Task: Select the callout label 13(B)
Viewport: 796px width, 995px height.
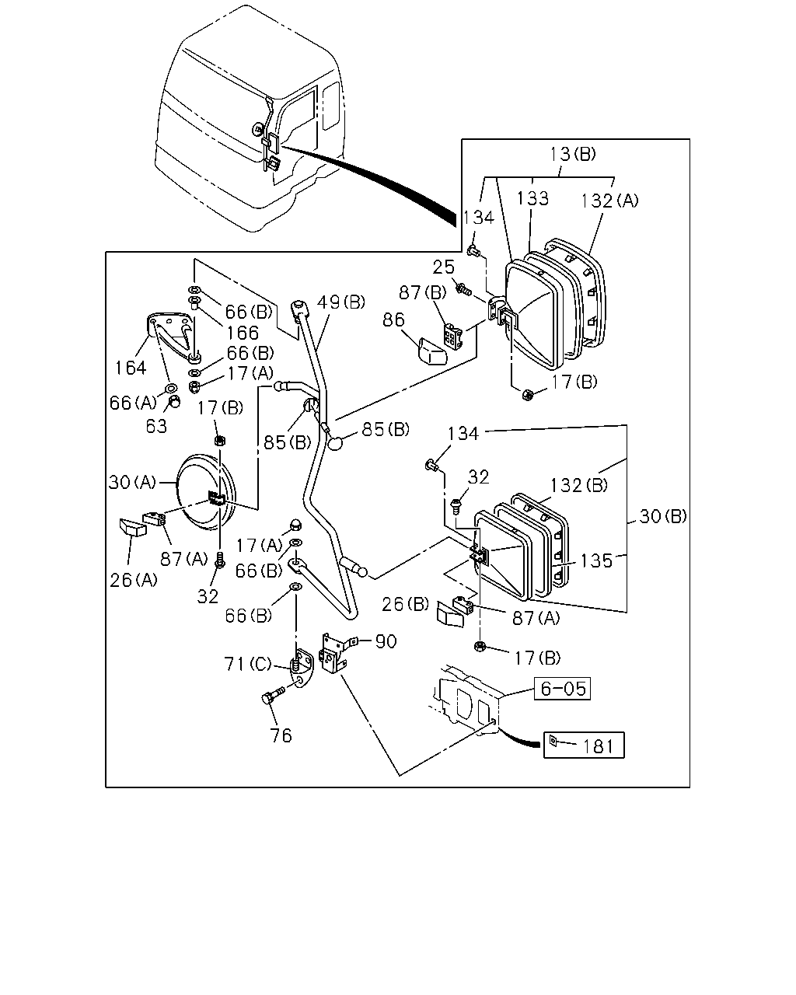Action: coord(573,154)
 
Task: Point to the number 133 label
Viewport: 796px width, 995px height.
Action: coord(532,198)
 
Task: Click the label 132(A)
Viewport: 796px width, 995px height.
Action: coord(609,201)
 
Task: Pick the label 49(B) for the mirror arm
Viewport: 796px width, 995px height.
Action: coord(341,302)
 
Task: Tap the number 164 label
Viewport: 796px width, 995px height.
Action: coord(130,368)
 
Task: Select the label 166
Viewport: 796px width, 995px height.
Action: coord(243,333)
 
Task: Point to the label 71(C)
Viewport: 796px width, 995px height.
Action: coord(247,664)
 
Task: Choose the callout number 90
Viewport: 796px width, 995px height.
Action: coord(386,641)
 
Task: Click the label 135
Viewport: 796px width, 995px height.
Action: coord(595,560)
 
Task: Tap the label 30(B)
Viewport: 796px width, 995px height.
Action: coord(663,516)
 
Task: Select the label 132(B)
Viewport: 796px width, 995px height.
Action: coord(578,485)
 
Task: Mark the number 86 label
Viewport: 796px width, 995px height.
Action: coord(393,319)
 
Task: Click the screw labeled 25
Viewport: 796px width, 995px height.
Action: coord(463,290)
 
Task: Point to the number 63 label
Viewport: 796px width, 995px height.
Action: coord(156,426)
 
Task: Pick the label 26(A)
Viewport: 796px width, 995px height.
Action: coord(133,580)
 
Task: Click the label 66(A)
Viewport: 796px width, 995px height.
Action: coord(133,403)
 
